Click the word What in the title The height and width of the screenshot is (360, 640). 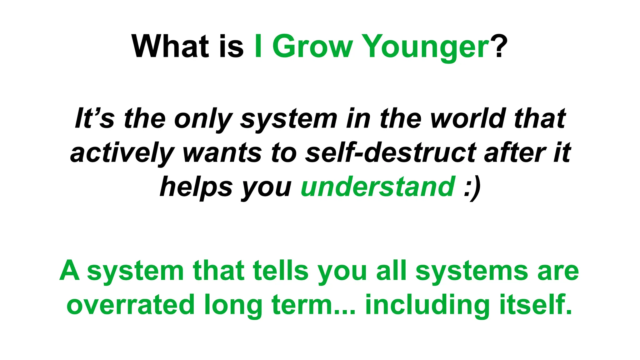pos(170,47)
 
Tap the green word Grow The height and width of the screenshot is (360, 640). pos(312,47)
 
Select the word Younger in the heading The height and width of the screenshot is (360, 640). pos(427,47)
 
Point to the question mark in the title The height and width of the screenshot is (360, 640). pos(499,47)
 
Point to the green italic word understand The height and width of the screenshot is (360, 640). pos(378,187)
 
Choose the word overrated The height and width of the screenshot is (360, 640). pos(130,305)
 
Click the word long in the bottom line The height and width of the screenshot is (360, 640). pos(233,306)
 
